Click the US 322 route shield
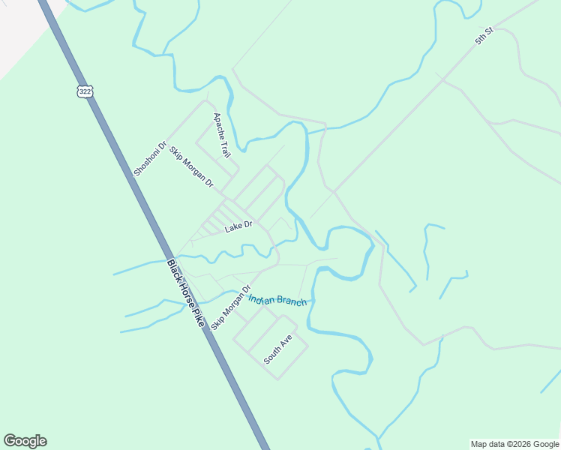click(x=84, y=91)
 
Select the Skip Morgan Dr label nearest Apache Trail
click(x=191, y=167)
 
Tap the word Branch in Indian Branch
click(x=292, y=301)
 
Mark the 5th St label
click(x=484, y=35)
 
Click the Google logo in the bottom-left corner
click(x=25, y=441)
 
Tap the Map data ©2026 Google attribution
click(x=514, y=444)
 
